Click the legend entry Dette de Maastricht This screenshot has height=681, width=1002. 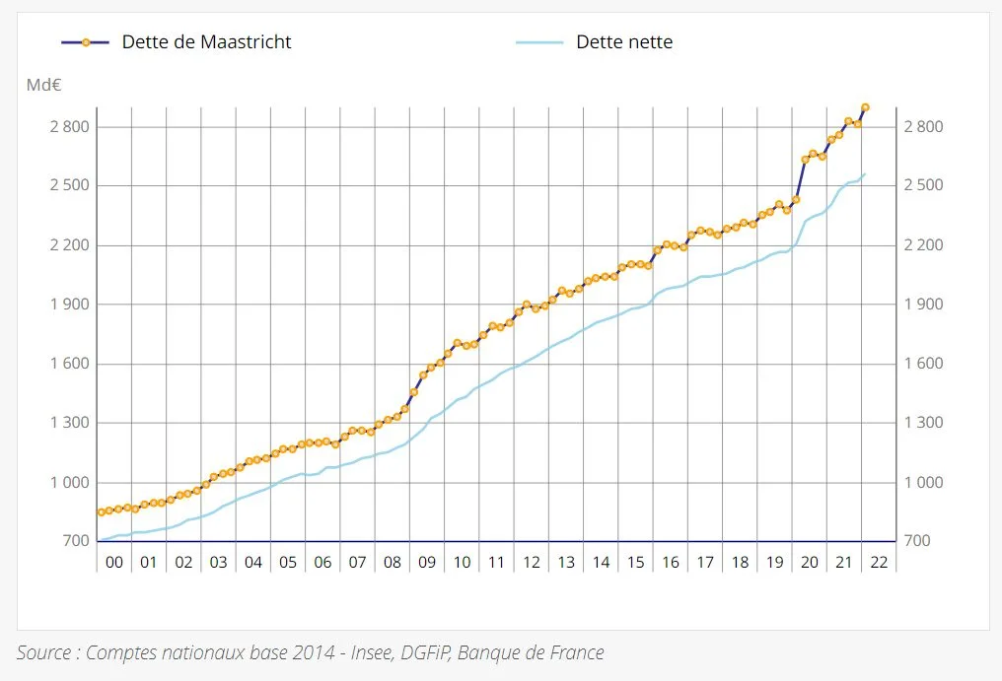[206, 42]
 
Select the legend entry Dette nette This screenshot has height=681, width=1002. [624, 42]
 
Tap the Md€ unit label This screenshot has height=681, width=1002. [44, 85]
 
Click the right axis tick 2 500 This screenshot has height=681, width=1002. [923, 185]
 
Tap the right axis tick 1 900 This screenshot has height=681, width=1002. [923, 305]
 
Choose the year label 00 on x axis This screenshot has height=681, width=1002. [114, 563]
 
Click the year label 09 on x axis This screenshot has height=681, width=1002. [427, 563]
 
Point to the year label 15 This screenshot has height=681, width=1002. [636, 563]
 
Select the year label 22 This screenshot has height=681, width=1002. [879, 563]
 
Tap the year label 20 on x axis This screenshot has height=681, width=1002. [810, 563]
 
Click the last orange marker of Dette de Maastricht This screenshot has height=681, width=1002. [865, 107]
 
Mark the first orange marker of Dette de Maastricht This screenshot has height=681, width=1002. [101, 512]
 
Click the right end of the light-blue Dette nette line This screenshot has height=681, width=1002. [865, 174]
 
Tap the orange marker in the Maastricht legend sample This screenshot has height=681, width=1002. [86, 42]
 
